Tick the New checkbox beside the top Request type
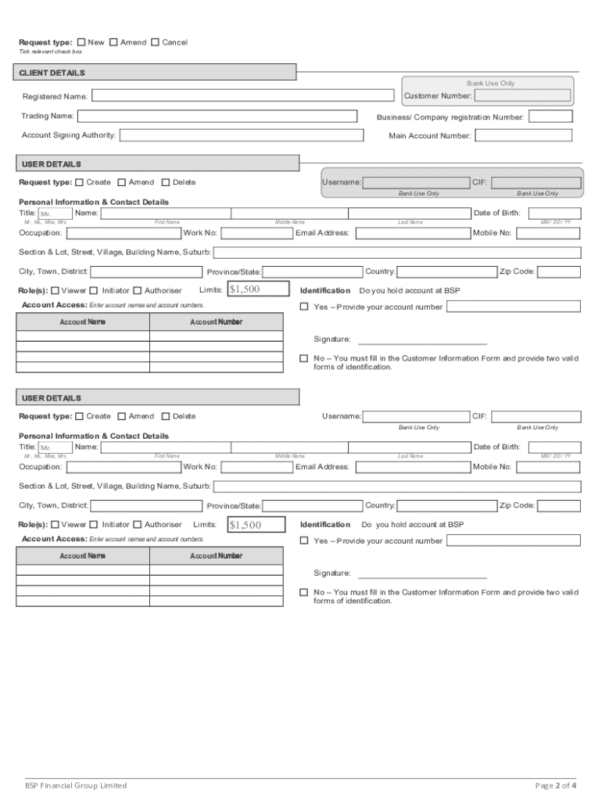(82, 42)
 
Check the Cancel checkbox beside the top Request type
(155, 42)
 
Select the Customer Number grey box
(523, 96)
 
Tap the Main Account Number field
(524, 135)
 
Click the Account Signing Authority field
(242, 135)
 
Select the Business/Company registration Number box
(550, 117)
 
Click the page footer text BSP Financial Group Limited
(75, 785)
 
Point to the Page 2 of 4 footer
(556, 785)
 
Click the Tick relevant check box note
(50, 52)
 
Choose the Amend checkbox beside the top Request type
(114, 42)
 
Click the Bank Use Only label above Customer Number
(491, 83)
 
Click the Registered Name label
(55, 97)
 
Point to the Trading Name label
(48, 116)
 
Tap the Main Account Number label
(430, 136)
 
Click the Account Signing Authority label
(69, 135)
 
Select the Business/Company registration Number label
(450, 117)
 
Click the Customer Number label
(438, 96)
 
